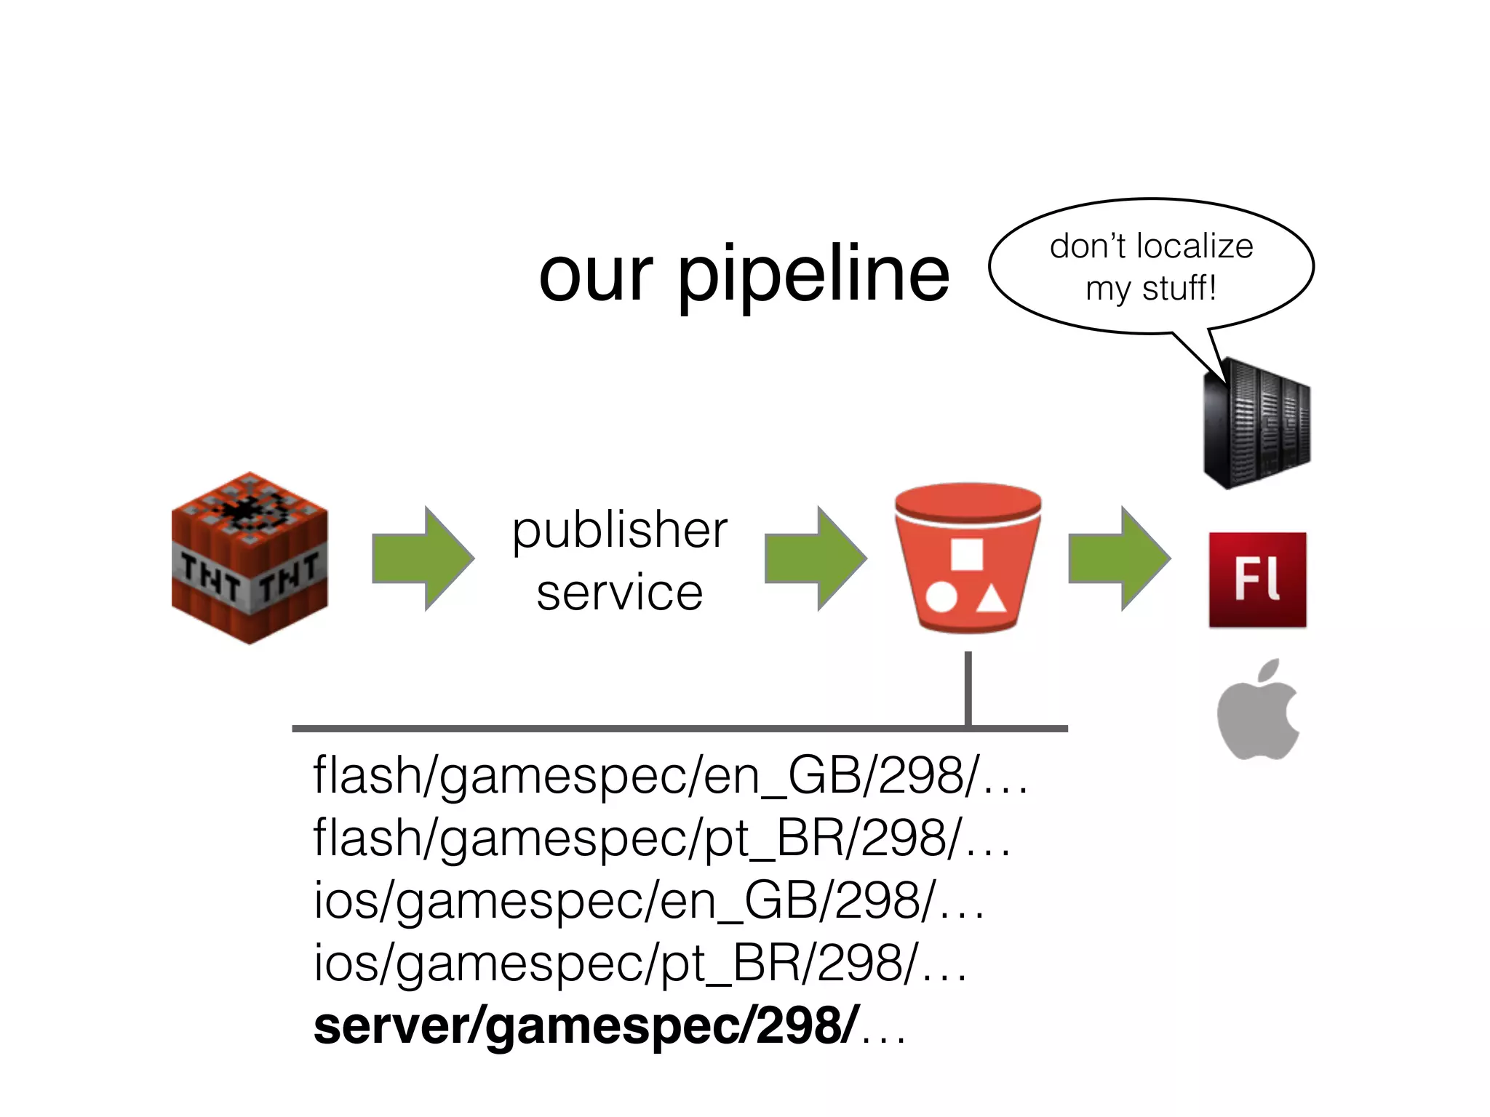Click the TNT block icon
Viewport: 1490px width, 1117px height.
click(250, 558)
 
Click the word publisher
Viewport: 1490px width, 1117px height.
click(620, 531)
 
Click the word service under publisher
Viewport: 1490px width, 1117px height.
click(620, 593)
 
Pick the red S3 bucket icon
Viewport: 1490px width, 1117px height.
click(967, 558)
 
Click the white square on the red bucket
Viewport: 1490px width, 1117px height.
click(967, 554)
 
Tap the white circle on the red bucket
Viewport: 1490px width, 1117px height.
click(941, 598)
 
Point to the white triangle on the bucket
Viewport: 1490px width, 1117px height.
click(990, 600)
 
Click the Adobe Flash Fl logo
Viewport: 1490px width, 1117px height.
click(1257, 580)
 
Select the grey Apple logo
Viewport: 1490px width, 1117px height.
click(1258, 710)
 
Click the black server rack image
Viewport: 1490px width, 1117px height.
click(1256, 423)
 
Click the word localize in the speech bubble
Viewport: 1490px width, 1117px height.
click(1194, 247)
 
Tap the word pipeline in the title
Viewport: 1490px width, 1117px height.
click(813, 274)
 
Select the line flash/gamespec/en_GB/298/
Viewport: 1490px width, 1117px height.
click(669, 776)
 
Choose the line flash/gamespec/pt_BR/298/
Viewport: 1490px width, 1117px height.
click(661, 838)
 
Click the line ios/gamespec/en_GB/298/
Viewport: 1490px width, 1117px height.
click(648, 901)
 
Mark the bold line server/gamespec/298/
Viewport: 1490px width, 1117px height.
click(608, 1026)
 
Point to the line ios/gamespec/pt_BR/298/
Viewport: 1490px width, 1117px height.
click(639, 964)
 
